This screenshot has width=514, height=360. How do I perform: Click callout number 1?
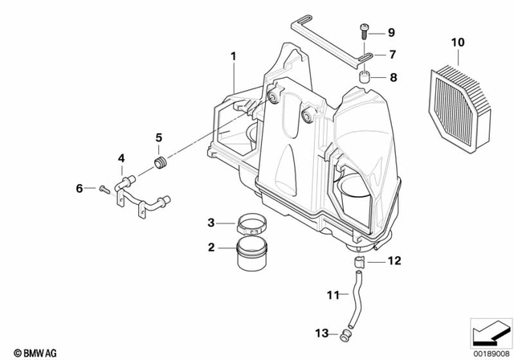(x=234, y=56)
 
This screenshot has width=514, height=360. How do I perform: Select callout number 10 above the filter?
(x=458, y=42)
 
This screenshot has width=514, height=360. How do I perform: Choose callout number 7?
(x=392, y=55)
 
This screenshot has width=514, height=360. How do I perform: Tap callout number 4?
(x=122, y=159)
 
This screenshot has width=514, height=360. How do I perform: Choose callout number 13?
(x=320, y=333)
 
